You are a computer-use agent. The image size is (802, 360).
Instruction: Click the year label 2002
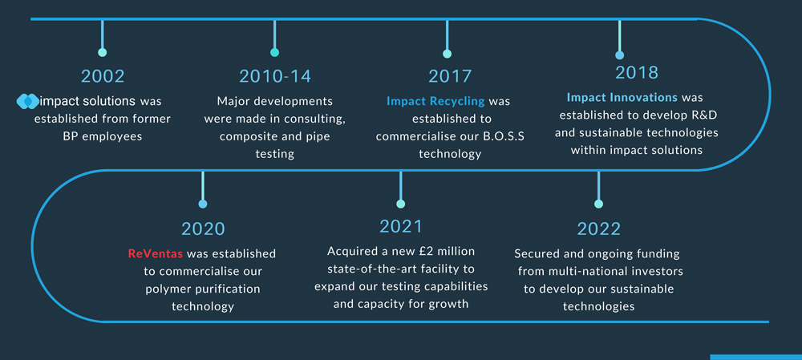coord(103,76)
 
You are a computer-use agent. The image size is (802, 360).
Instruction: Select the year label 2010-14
coord(274,76)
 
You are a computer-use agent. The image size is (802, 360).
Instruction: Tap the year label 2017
coord(450,76)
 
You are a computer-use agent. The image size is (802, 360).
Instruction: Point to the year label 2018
coord(637,73)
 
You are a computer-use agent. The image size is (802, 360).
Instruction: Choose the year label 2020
coord(203,229)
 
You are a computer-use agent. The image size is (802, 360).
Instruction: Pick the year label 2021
coord(401,226)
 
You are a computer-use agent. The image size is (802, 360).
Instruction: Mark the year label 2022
coord(599,229)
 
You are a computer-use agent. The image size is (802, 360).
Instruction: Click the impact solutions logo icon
coord(27,101)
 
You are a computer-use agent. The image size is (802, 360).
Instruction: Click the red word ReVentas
coord(155,253)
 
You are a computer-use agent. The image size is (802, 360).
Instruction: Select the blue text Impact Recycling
coord(435,101)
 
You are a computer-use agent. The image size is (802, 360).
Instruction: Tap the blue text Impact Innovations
coord(622,97)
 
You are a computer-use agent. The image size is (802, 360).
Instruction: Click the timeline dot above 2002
coord(103,52)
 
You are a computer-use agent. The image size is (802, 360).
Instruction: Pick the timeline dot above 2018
coord(620,55)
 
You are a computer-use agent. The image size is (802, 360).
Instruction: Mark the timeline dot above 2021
coord(400,204)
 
